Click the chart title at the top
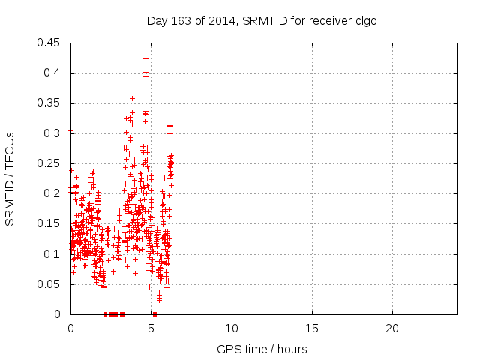pyautogui.click(x=262, y=20)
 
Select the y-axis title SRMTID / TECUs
pyautogui.click(x=10, y=178)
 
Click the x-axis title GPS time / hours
pyautogui.click(x=262, y=349)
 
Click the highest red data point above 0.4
pyautogui.click(x=145, y=58)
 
